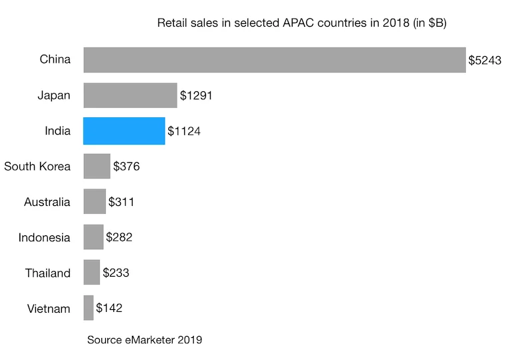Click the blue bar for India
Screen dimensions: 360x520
[x=124, y=131]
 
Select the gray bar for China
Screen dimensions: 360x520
[x=274, y=60]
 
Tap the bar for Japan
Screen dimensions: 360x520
[x=130, y=95]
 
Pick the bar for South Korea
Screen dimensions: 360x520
[x=97, y=166]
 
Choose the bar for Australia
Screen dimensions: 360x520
[x=95, y=201]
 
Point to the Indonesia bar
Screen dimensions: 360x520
[x=93, y=237]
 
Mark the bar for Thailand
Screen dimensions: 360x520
[x=92, y=272]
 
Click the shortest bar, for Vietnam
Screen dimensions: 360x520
[x=89, y=307]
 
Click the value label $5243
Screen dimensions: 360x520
[x=485, y=61]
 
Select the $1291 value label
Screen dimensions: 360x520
[x=196, y=96]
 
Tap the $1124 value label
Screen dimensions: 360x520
[x=184, y=131]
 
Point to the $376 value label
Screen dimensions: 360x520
[x=127, y=167]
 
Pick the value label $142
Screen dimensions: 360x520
[x=109, y=308]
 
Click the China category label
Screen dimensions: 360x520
[x=55, y=60]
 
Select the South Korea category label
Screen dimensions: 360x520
[x=37, y=166]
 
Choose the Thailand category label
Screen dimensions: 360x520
[x=47, y=272]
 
